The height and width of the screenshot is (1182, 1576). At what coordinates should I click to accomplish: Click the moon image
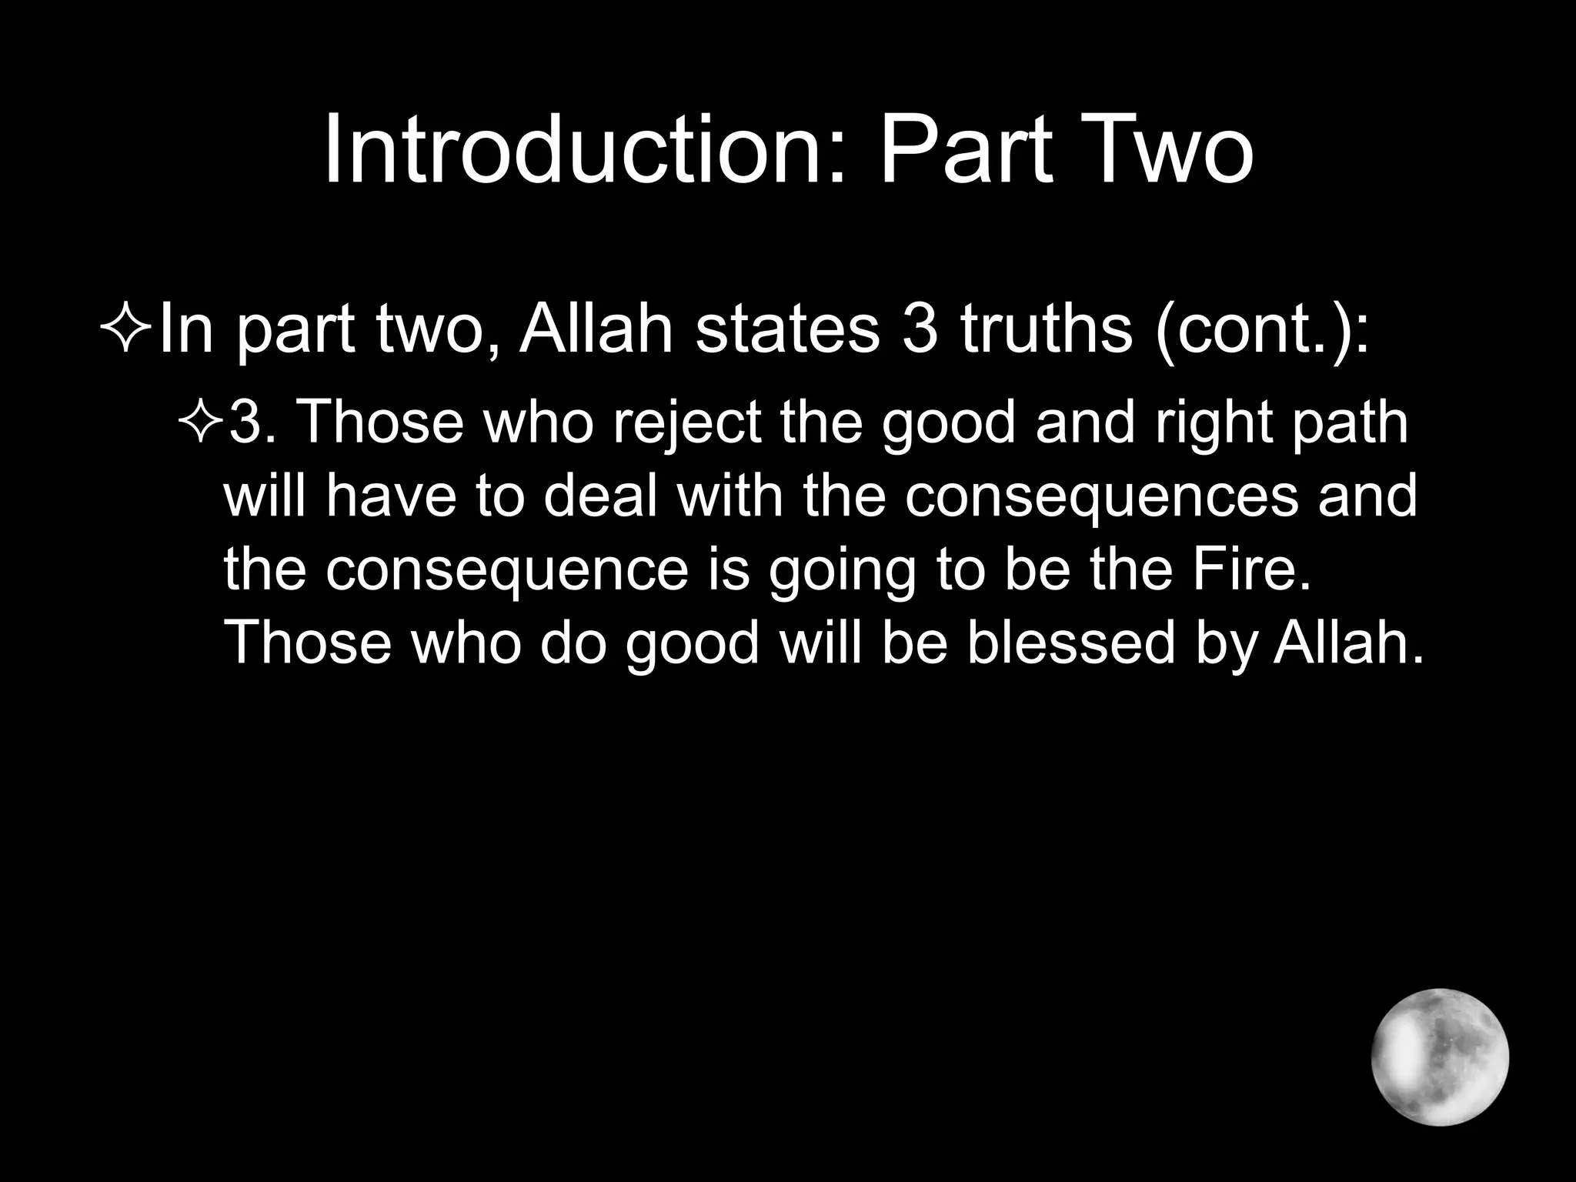(1440, 1057)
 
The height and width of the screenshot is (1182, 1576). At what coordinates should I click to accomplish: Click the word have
(390, 496)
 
